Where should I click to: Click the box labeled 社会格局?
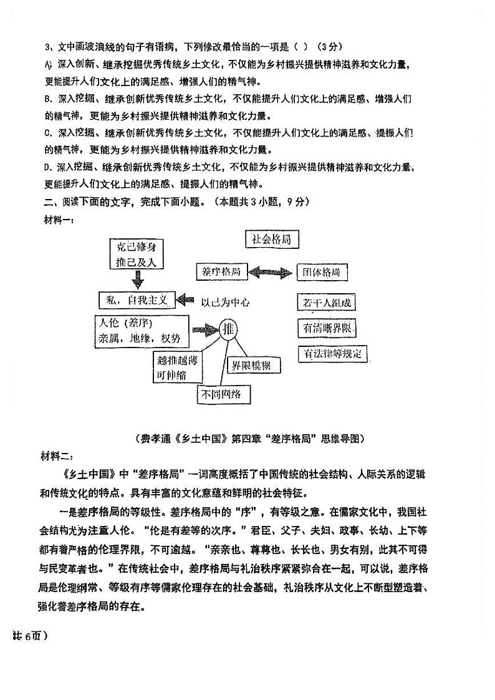coord(271,239)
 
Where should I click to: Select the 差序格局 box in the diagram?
coord(221,272)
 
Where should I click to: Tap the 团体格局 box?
coord(322,273)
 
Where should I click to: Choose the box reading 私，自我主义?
coord(138,300)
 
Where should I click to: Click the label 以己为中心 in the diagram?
coord(225,302)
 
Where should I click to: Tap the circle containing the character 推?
coord(228,329)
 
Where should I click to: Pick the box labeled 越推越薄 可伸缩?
coord(178,367)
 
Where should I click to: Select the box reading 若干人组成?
coord(327,303)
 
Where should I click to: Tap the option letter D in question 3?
coord(47,167)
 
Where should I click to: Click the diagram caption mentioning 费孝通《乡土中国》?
coord(249,439)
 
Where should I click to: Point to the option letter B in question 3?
coord(47,99)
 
